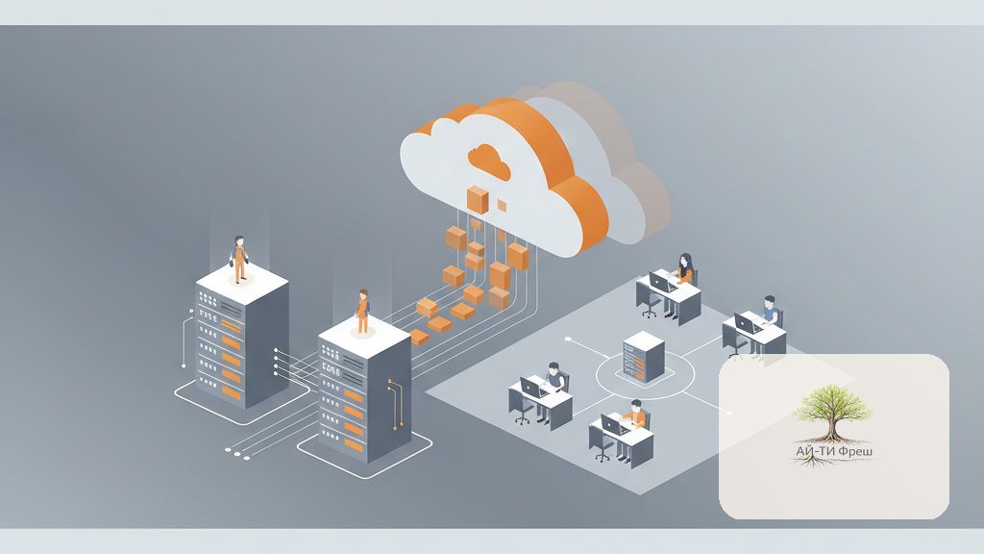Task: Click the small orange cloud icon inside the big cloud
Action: tap(488, 161)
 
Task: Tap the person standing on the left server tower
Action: tap(239, 259)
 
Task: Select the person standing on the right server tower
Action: tap(362, 312)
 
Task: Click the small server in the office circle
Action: tap(643, 356)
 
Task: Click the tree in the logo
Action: tap(833, 421)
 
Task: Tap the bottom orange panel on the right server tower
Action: tap(354, 445)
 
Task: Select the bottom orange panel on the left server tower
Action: tap(232, 393)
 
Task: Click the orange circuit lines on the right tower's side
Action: tap(395, 404)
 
